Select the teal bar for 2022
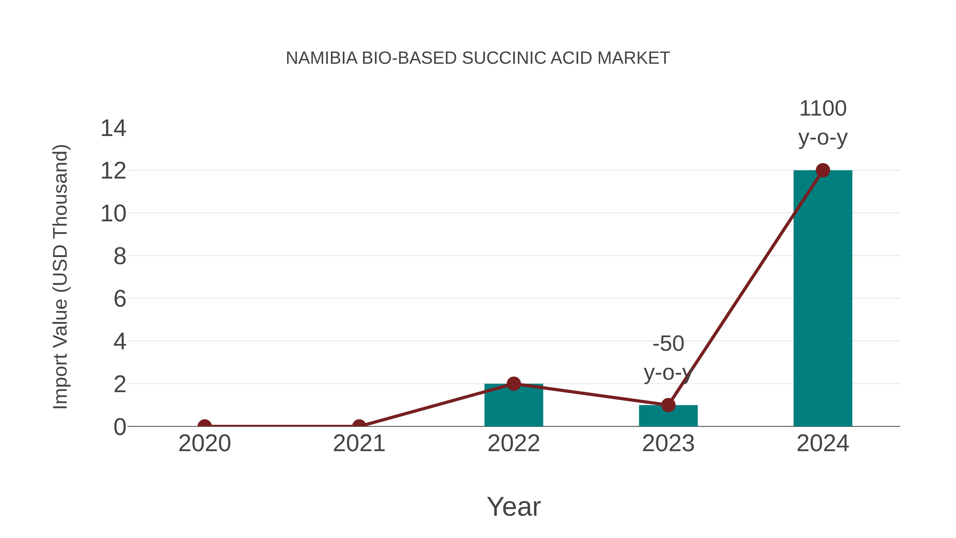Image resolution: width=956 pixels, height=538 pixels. [514, 406]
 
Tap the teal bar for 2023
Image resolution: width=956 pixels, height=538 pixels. [668, 416]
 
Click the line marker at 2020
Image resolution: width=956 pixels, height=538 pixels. [204, 426]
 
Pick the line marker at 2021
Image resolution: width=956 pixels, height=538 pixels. [359, 426]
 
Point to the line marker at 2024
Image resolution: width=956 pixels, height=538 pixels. [823, 170]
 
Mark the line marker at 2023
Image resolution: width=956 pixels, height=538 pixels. [668, 405]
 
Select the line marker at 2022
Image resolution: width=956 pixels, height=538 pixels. [514, 384]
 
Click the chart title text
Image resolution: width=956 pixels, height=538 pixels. [478, 58]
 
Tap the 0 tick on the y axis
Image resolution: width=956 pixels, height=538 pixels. [119, 427]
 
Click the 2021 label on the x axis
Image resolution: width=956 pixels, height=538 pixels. [359, 443]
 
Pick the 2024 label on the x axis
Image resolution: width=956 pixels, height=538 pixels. [823, 443]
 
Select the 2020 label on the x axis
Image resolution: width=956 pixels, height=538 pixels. [204, 443]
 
